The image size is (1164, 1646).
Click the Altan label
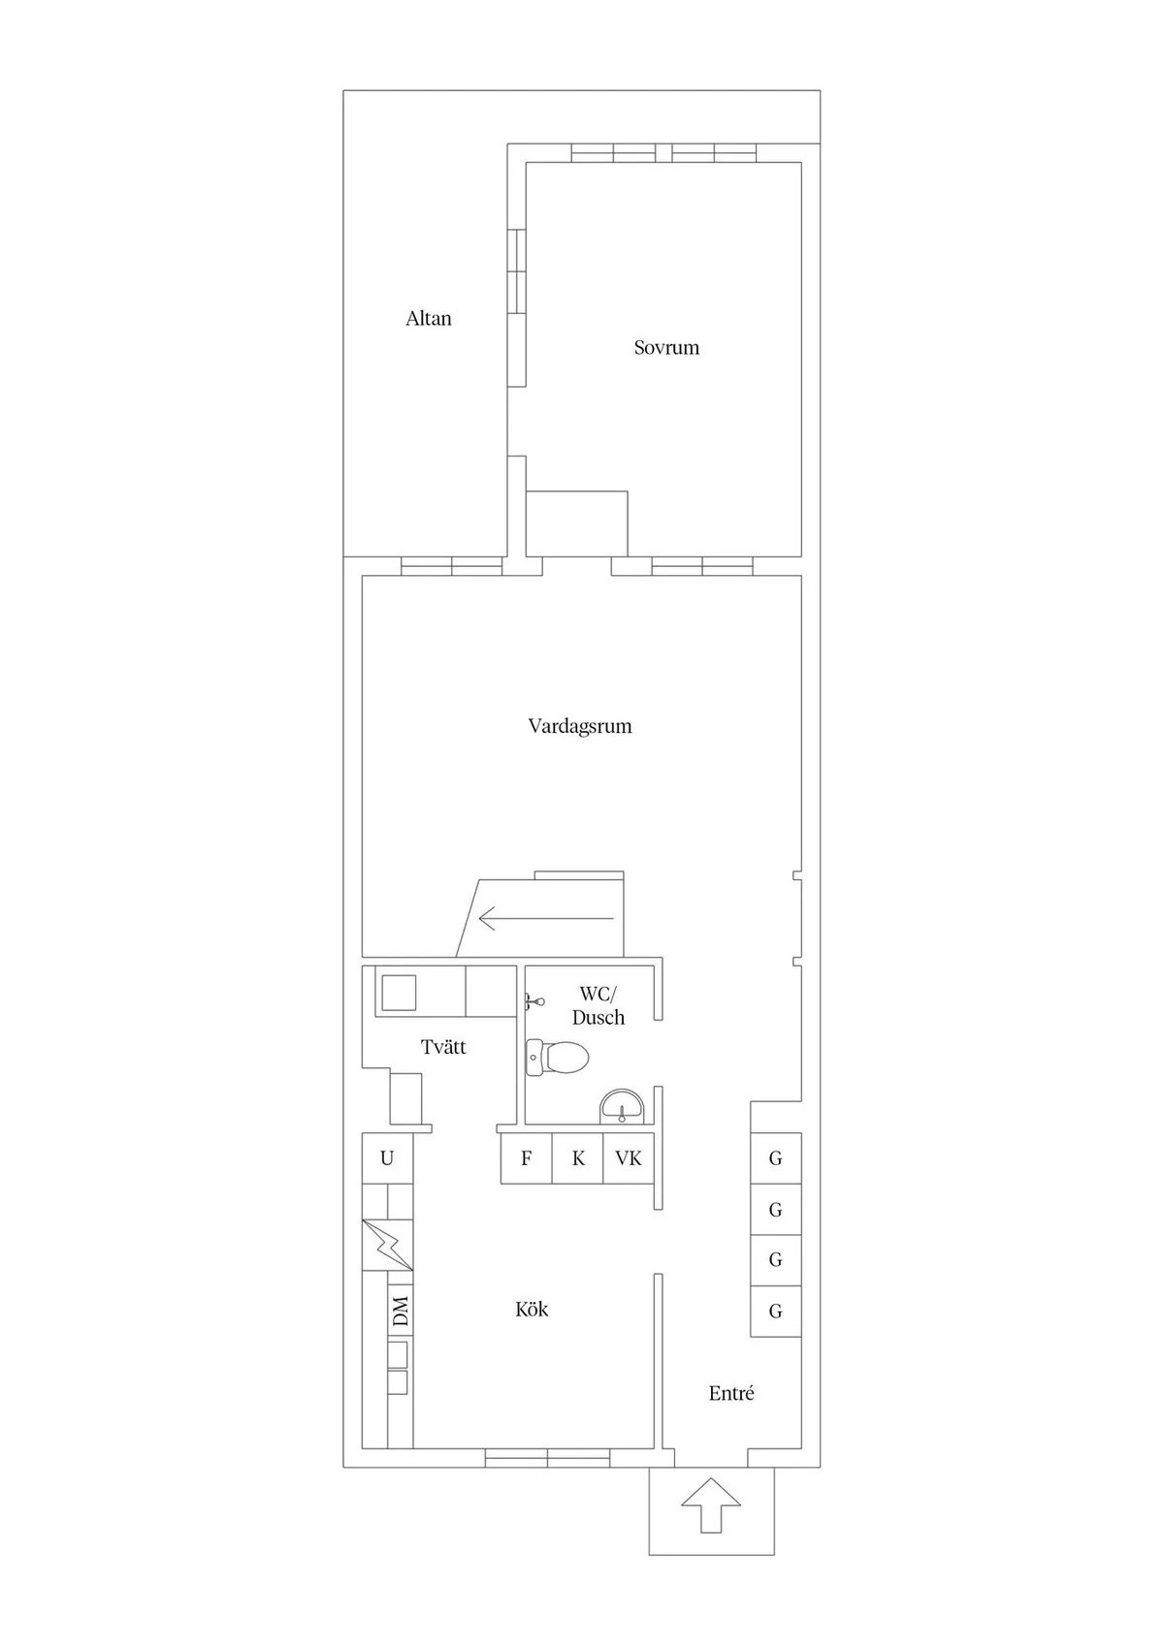(x=429, y=318)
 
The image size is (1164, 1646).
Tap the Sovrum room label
(x=666, y=347)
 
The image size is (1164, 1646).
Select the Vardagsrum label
(x=579, y=726)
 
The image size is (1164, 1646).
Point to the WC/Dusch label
(x=598, y=1005)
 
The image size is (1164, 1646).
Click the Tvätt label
(x=443, y=1046)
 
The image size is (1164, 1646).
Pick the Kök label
(x=532, y=1309)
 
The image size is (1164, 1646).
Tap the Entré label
(x=731, y=1392)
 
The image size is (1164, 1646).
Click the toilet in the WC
(x=558, y=1058)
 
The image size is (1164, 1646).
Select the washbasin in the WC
(x=622, y=1107)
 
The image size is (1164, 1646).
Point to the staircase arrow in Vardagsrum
(x=545, y=919)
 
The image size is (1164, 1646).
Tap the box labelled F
(x=527, y=1158)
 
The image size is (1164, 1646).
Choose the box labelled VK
(x=629, y=1158)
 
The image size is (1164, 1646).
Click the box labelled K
(x=578, y=1158)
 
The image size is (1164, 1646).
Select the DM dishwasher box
(x=400, y=1311)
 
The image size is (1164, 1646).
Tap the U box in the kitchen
(x=387, y=1158)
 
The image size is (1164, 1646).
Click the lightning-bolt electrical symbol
(x=387, y=1245)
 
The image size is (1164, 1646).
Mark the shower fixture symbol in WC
(x=534, y=1000)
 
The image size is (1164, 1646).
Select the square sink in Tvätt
(x=397, y=993)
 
